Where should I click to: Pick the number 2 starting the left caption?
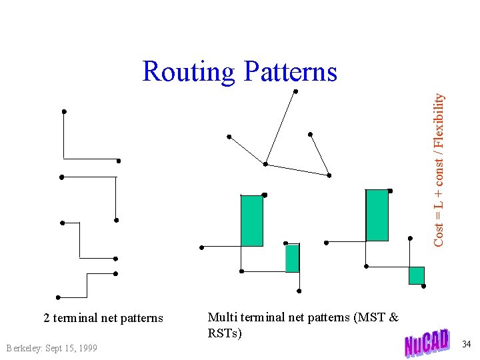47,318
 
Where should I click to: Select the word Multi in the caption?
221,317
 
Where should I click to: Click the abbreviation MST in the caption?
373,317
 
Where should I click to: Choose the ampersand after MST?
393,317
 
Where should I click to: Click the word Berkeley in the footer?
23,348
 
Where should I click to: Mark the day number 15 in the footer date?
71,348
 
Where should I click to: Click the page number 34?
466,344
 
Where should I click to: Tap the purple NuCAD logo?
427,343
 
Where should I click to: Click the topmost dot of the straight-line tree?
295,91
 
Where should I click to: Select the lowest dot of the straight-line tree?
329,175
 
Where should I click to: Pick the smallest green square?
417,275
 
